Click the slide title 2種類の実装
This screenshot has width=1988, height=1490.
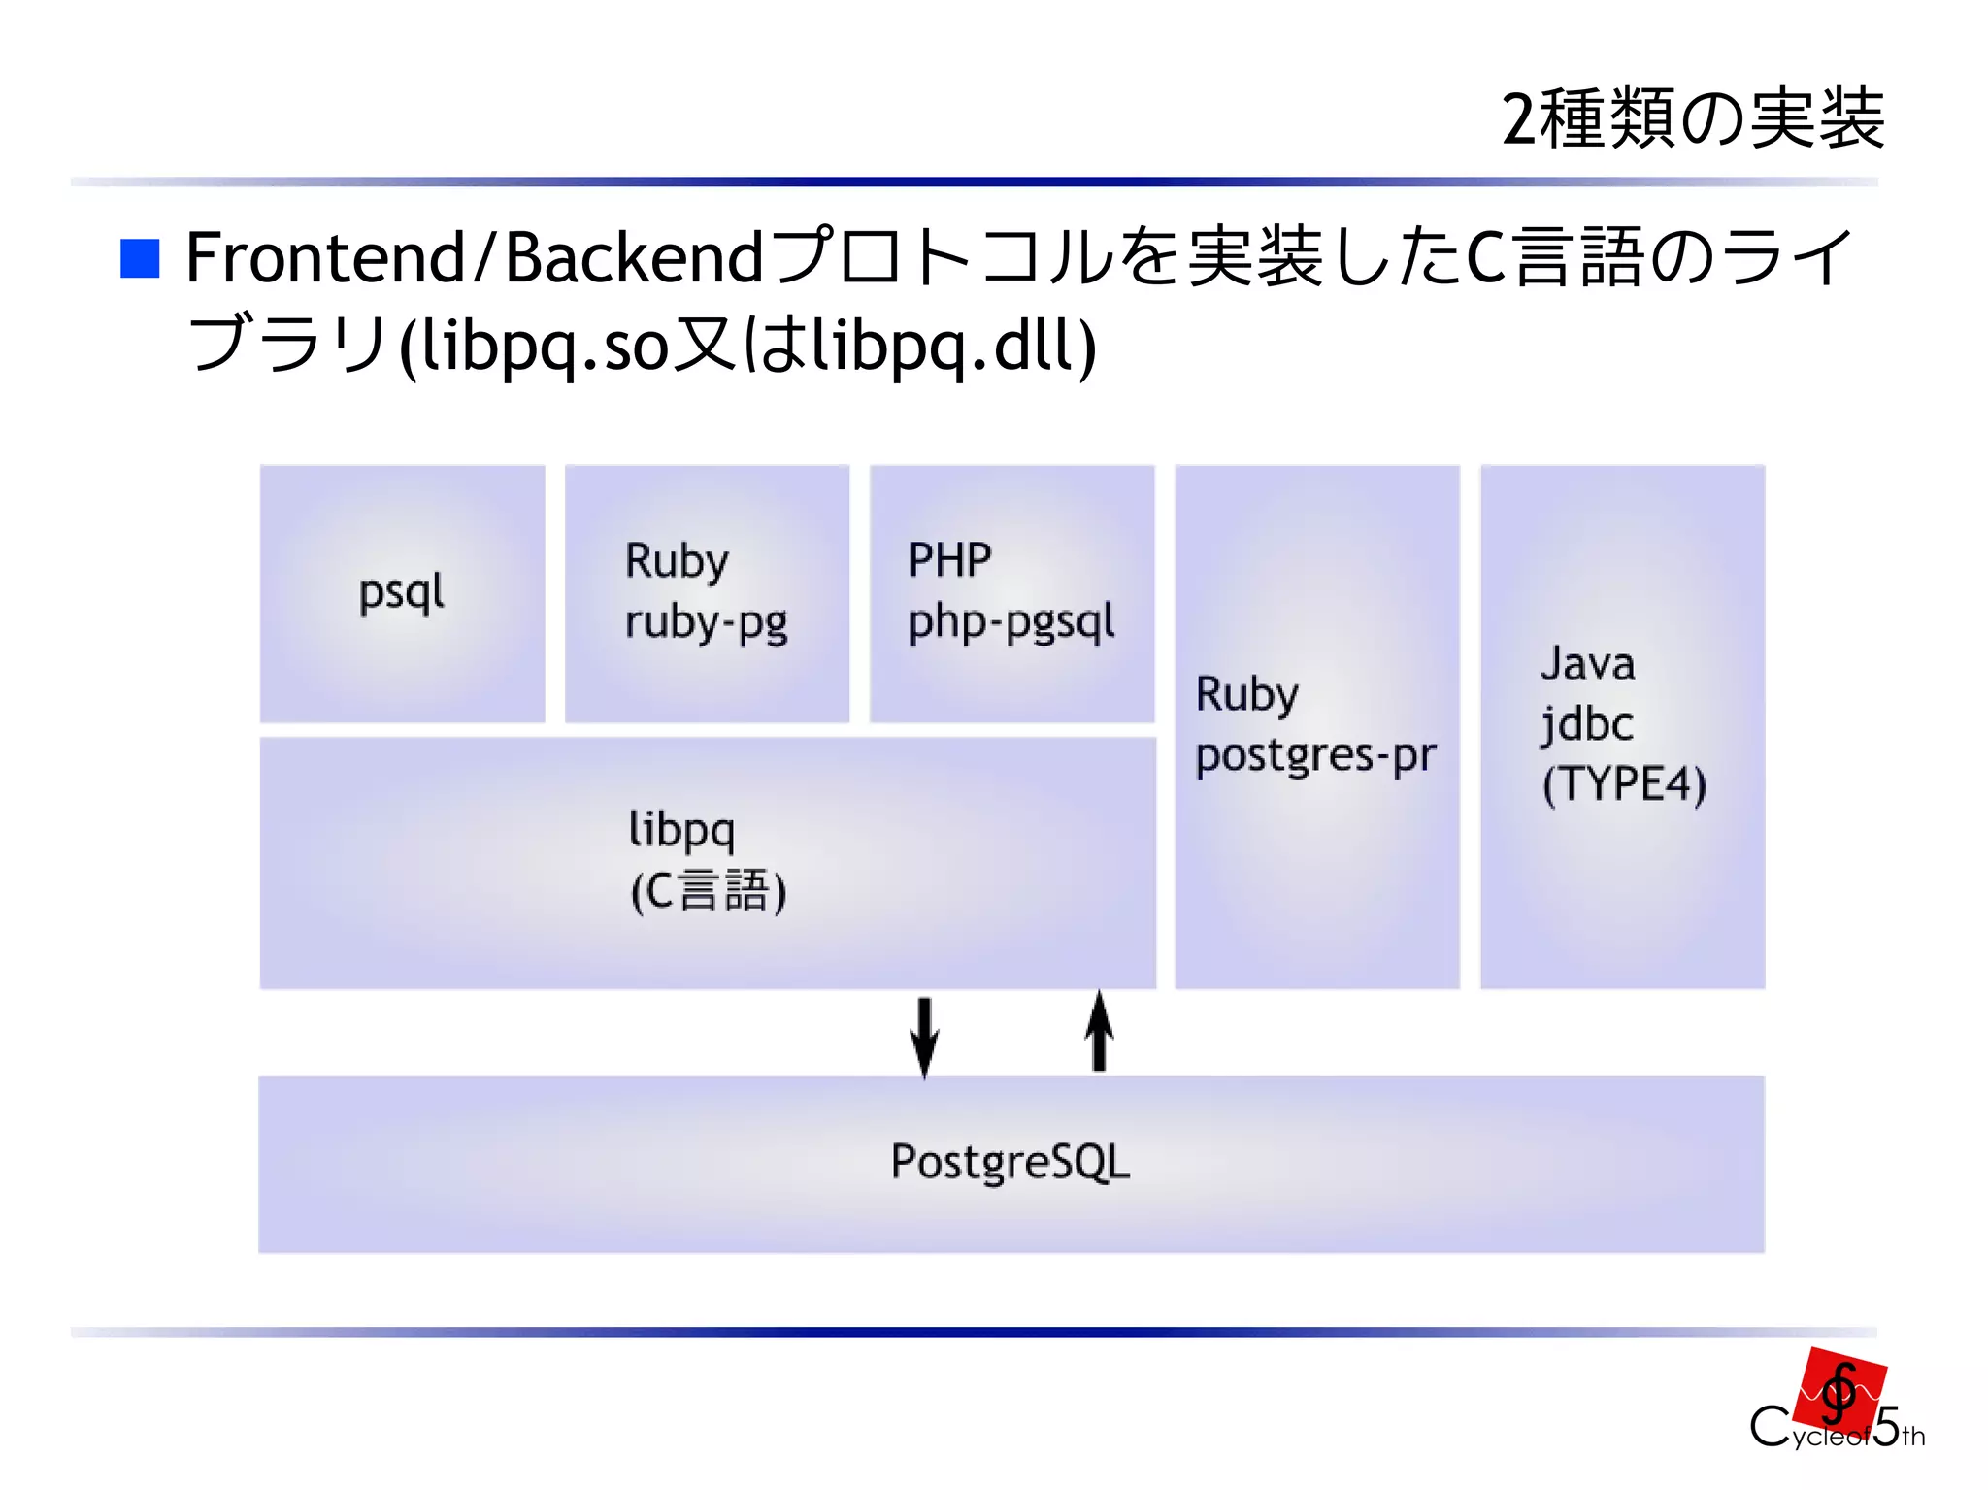1692,119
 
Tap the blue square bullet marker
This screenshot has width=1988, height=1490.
140,258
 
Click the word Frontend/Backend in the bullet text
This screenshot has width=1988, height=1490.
474,258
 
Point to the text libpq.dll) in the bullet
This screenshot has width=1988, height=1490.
953,346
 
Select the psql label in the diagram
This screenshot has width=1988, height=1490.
401,592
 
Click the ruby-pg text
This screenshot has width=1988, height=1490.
706,622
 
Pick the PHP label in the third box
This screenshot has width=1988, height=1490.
949,560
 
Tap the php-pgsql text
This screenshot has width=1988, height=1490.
1011,622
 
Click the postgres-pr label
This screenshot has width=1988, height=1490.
1315,756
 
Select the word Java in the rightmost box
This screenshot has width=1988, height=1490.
1588,665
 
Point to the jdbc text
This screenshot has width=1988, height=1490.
1587,724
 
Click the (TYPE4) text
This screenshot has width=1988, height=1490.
1624,784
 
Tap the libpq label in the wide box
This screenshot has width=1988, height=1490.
681,830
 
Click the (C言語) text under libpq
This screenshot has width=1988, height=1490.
708,891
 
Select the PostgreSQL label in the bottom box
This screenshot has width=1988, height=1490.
1011,1162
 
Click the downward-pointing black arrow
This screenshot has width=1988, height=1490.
924,1036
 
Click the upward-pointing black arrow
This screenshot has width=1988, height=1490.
1099,1032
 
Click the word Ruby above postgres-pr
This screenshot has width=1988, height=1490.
1246,695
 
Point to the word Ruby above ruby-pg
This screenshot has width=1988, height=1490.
677,562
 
